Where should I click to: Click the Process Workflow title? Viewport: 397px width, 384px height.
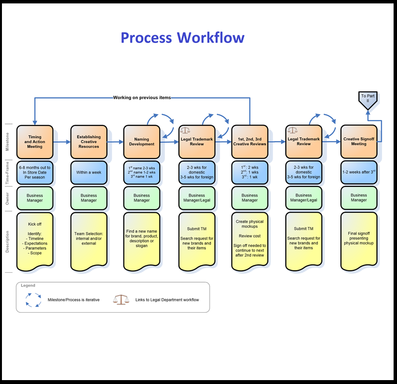182,38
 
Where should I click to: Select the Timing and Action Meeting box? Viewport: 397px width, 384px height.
35,142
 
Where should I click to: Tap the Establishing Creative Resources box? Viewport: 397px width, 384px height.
89,142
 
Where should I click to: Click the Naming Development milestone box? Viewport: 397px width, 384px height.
142,142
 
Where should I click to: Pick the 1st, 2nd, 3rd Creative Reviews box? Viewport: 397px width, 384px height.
250,142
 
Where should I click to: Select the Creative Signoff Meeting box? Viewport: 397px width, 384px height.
358,142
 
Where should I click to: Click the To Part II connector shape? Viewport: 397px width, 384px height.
368,100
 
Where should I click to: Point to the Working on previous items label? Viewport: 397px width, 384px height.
142,98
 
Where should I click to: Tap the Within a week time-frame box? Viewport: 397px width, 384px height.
89,172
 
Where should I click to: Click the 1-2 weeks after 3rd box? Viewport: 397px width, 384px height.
358,172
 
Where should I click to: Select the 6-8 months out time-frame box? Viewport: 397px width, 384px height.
35,172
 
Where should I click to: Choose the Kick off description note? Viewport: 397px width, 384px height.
35,241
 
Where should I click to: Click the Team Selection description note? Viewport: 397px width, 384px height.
89,241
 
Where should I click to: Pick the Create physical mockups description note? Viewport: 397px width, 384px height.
250,241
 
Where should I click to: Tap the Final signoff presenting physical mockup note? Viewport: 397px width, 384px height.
358,241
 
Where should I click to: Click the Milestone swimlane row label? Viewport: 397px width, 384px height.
7,141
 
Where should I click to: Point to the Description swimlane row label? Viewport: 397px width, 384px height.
7,242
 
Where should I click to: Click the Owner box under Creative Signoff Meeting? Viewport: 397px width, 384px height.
358,198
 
